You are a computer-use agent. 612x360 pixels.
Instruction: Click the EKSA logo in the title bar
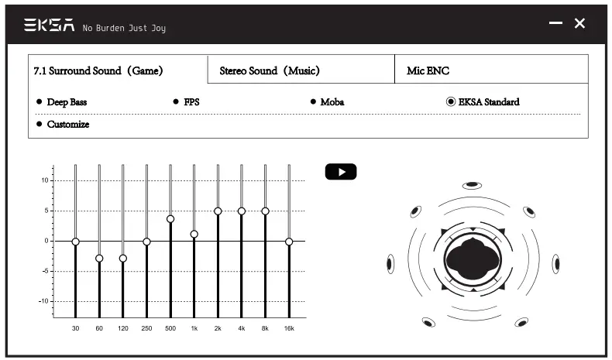49,25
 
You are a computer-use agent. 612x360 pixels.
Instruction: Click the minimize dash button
555,23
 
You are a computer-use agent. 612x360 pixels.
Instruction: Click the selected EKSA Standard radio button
451,101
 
